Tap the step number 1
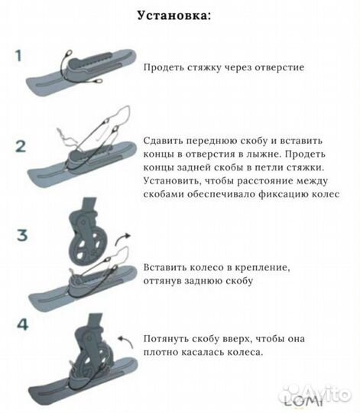[21, 56]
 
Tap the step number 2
[21, 146]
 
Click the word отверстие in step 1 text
[275, 67]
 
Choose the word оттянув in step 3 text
[167, 281]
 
